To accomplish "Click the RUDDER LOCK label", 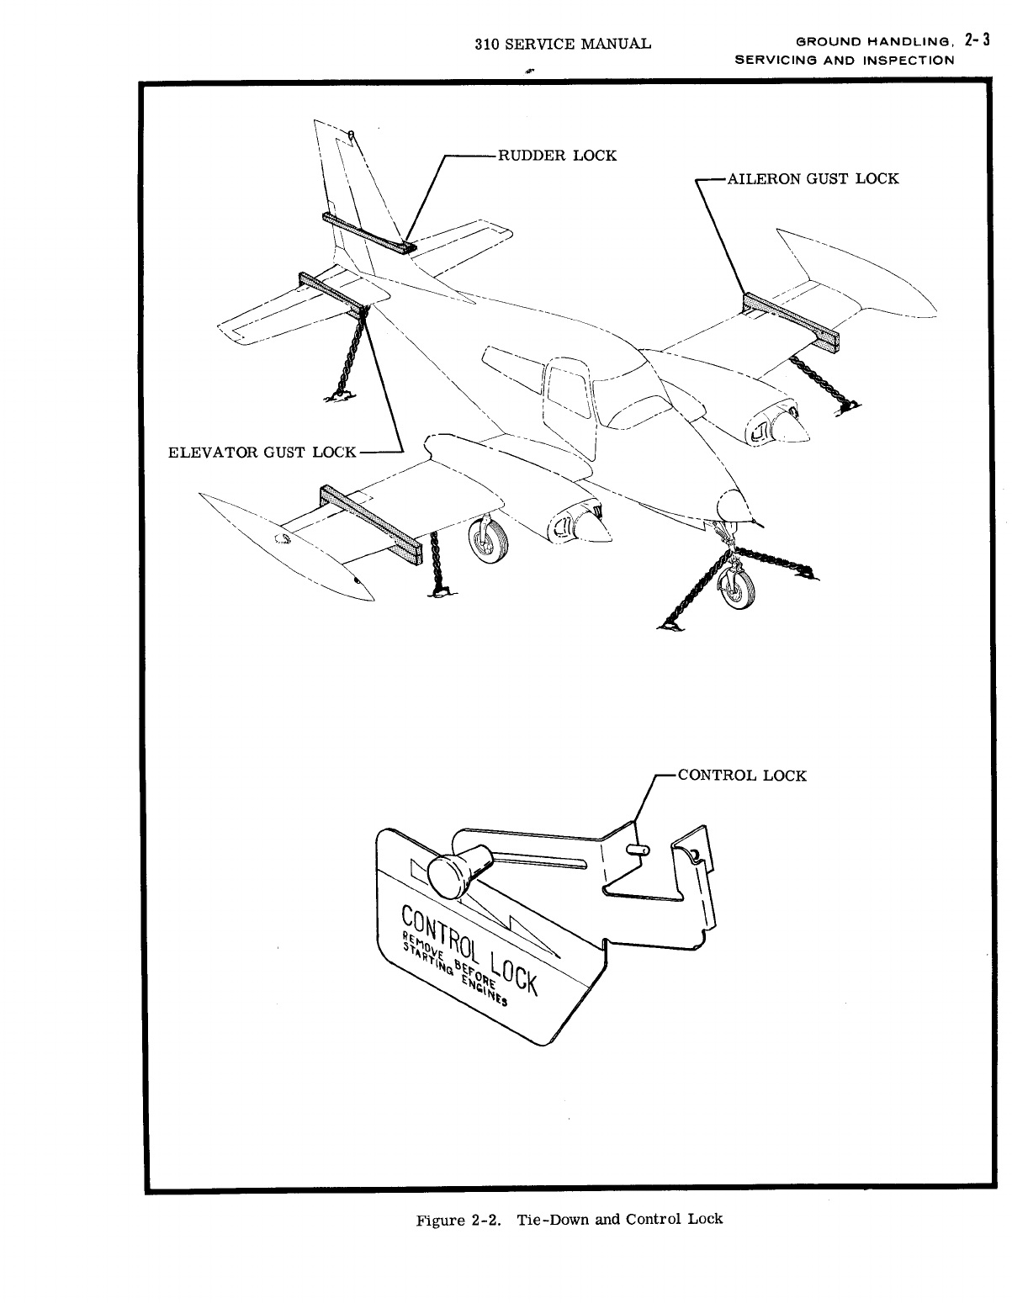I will (x=557, y=156).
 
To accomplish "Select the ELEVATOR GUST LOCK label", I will (x=263, y=453).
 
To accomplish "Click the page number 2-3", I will (x=977, y=40).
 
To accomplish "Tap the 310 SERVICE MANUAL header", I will (x=562, y=43).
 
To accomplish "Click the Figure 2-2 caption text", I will (x=570, y=1219).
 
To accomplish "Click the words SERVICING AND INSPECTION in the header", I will (x=845, y=61).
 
